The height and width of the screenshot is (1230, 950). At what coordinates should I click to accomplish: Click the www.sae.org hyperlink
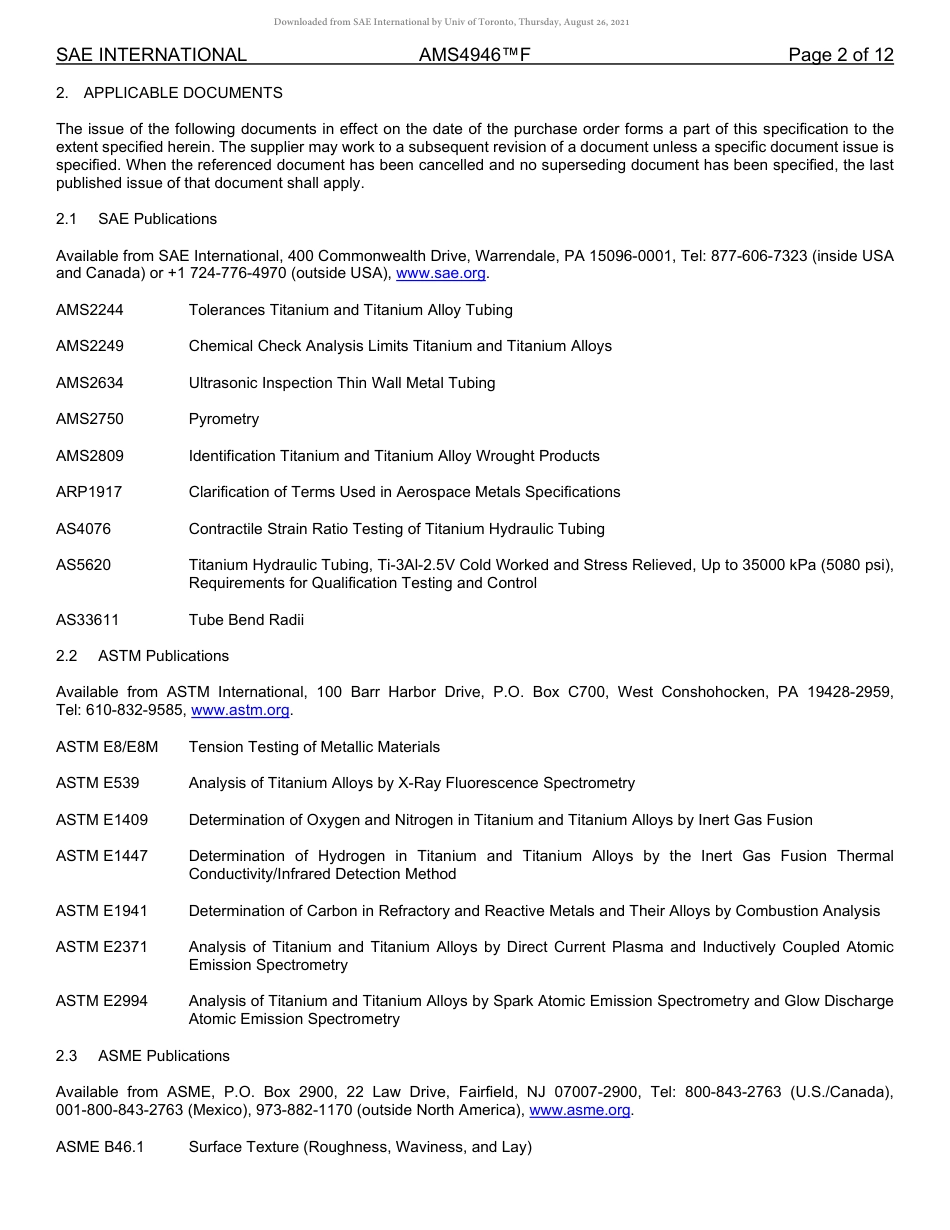tap(441, 273)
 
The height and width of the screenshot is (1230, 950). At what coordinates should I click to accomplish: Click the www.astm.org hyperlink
tap(240, 710)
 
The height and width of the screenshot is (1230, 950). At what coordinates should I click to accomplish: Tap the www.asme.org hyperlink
tap(579, 1110)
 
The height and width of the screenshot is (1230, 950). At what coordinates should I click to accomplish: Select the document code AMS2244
tap(90, 310)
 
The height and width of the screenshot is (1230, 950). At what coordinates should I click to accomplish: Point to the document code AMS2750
tap(90, 419)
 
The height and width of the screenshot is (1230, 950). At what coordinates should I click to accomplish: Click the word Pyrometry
tap(224, 419)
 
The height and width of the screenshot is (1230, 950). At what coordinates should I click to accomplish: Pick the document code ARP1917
tap(89, 492)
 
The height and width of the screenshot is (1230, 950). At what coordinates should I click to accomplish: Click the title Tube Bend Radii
tap(246, 620)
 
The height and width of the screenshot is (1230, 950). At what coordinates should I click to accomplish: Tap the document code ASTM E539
tap(98, 783)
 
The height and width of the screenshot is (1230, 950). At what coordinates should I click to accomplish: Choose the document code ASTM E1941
tap(102, 911)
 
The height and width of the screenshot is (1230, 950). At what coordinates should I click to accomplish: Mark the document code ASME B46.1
tap(100, 1147)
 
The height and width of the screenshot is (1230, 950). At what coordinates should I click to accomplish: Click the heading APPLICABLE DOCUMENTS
tap(183, 93)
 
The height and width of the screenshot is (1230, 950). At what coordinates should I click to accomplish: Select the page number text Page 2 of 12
tap(840, 55)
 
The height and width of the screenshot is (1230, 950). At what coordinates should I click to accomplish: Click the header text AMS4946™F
tap(474, 55)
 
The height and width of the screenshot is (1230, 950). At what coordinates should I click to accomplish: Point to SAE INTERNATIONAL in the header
tap(151, 55)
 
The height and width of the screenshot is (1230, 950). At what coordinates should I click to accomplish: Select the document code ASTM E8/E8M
tap(107, 747)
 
